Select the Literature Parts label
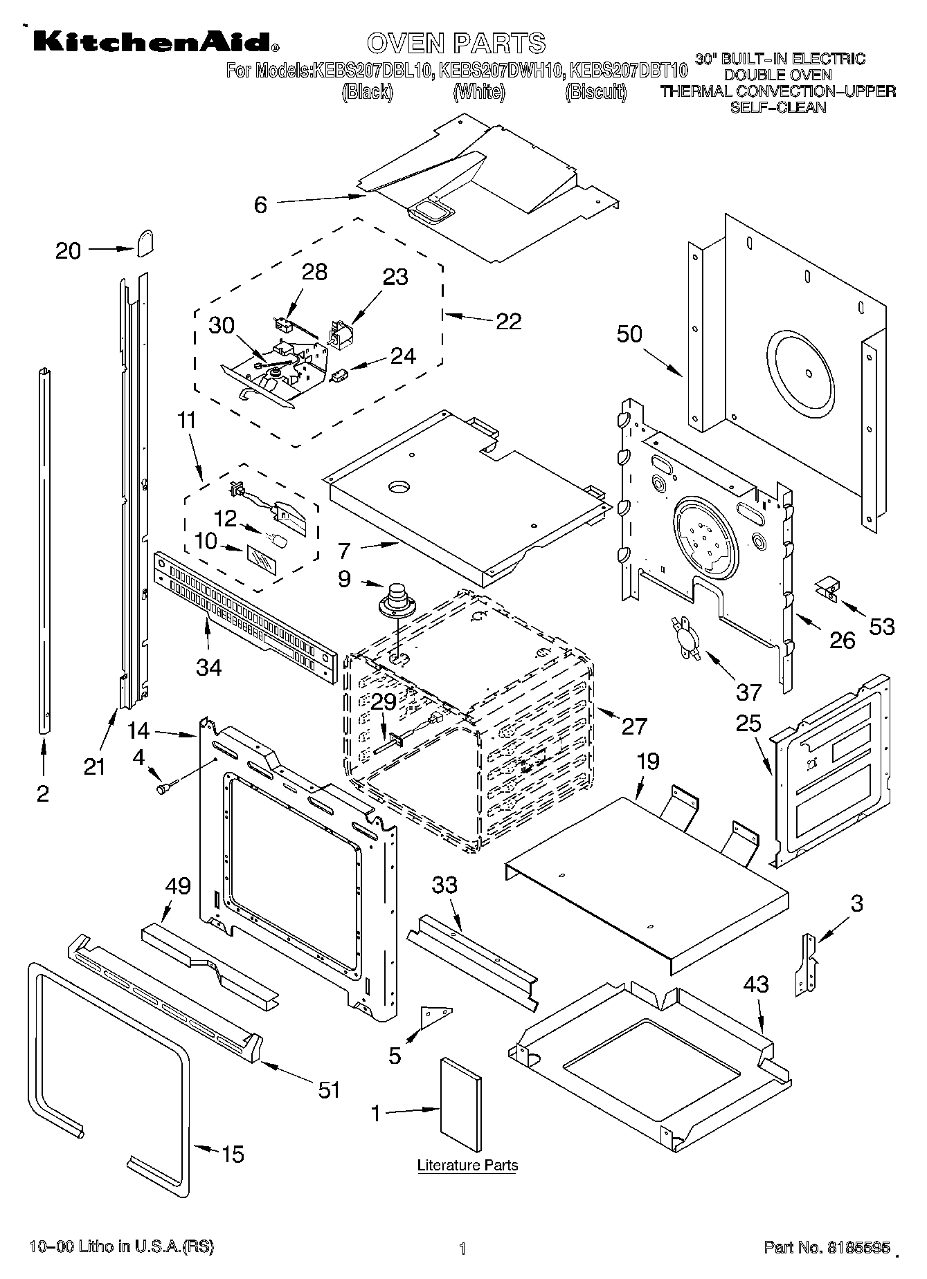coord(467,1166)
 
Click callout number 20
coord(68,250)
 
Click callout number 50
coord(629,334)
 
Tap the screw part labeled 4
coord(165,786)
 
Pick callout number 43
coord(755,984)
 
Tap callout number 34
coord(209,668)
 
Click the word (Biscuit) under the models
coord(595,92)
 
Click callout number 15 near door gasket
coord(233,1154)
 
